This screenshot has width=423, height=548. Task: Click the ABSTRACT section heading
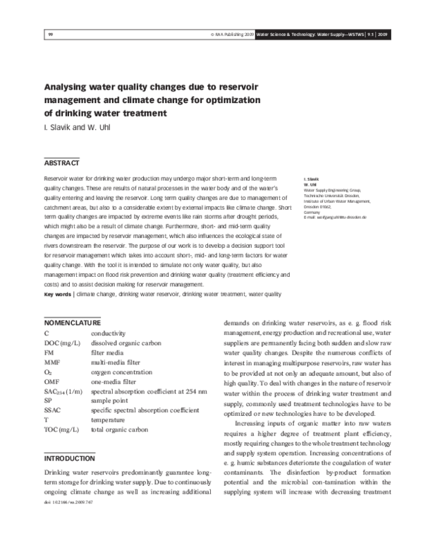click(x=61, y=163)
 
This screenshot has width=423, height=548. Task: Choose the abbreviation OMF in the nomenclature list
click(x=54, y=381)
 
